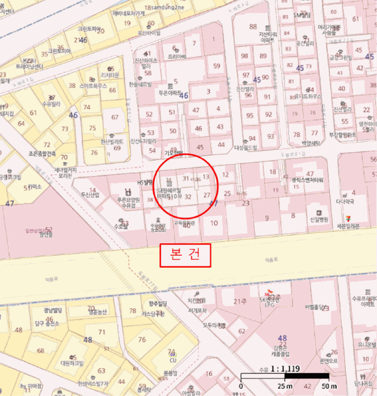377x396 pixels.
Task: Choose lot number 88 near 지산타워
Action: click(253, 27)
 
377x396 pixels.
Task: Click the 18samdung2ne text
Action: click(164, 7)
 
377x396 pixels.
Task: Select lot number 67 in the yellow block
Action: click(115, 117)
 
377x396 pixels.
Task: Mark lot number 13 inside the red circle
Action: click(206, 177)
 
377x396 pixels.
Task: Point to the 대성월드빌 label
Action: click(245, 148)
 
